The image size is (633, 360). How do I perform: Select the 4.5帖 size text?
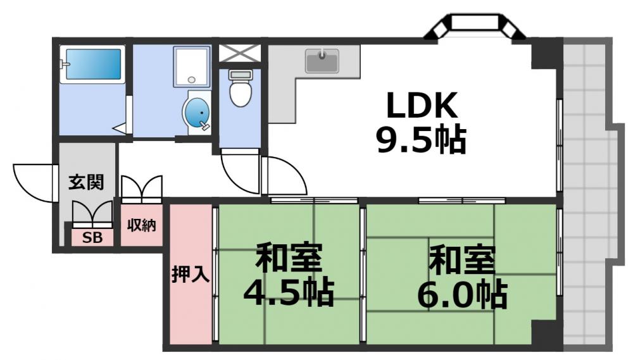pos(289,292)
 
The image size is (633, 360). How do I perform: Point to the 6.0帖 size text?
pos(462,292)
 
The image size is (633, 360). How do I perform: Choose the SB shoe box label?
pos(93,239)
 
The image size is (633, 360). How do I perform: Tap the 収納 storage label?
pos(141,225)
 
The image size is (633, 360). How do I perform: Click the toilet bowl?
pos(241,90)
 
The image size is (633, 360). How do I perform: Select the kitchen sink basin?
pos(323,61)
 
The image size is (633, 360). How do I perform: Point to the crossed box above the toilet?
pos(240,53)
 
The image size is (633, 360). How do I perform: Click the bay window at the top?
pos(475,27)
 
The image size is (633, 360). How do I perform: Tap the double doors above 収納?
pos(142,188)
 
